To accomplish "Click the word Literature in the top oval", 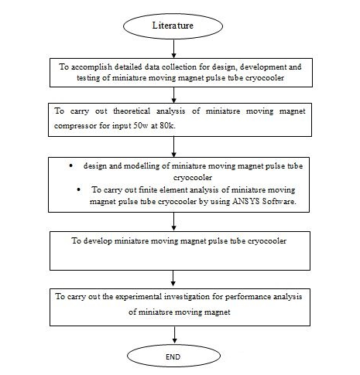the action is click(173, 26).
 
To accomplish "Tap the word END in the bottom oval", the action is click(173, 357).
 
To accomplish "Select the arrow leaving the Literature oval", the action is click(173, 49).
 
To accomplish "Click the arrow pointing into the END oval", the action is click(175, 335).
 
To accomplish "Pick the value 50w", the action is click(141, 125).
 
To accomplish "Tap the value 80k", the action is click(168, 125).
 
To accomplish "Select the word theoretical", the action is click(132, 111).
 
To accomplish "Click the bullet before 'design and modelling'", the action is click(71, 165).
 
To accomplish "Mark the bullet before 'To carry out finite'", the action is click(79, 189).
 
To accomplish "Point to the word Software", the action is click(279, 201).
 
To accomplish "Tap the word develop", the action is click(98, 241).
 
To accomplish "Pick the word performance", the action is click(248, 297).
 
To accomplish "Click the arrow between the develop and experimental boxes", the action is click(173, 278).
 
